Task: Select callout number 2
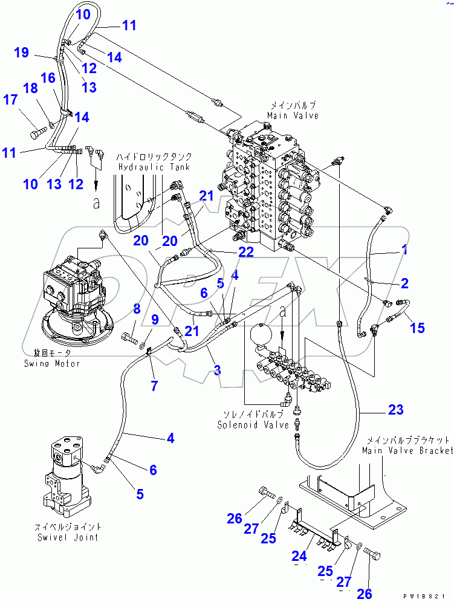(x=404, y=282)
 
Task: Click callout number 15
(x=417, y=328)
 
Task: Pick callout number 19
(x=21, y=53)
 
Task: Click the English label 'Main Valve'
(x=294, y=116)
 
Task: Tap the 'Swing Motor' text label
(x=52, y=363)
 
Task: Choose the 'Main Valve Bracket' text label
(x=407, y=451)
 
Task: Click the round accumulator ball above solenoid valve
(x=261, y=335)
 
